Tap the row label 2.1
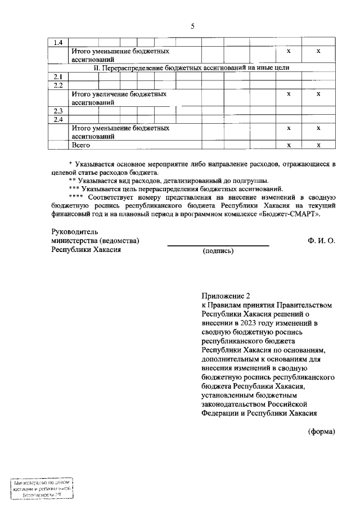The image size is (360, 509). (x=58, y=76)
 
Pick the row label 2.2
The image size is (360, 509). (x=58, y=85)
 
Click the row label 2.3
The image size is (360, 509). (x=58, y=111)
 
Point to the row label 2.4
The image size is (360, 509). (x=58, y=119)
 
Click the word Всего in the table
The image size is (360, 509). (x=80, y=145)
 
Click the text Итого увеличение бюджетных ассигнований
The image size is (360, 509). (x=119, y=98)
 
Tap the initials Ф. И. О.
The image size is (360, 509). (x=321, y=241)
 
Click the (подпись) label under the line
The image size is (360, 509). (x=218, y=251)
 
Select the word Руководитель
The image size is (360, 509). (x=74, y=232)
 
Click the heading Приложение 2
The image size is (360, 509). (x=224, y=295)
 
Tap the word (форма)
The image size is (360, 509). (x=321, y=432)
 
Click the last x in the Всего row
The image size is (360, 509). (x=318, y=145)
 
